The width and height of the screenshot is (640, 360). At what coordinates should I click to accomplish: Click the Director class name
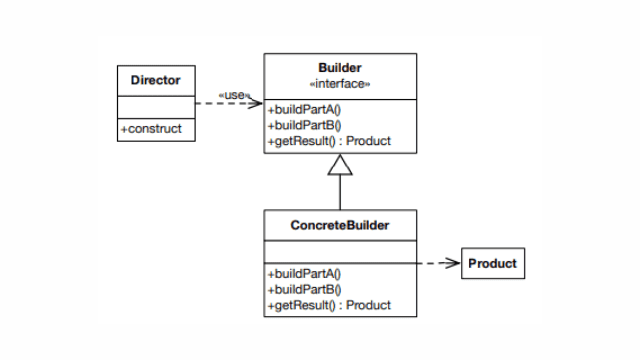pos(155,80)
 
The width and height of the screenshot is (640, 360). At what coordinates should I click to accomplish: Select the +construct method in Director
pos(151,129)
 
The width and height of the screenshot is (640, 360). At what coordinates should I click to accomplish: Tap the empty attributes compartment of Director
pos(156,107)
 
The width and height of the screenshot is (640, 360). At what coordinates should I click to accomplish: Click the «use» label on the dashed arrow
pos(234,95)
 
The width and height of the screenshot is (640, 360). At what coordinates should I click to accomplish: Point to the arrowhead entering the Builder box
pos(257,103)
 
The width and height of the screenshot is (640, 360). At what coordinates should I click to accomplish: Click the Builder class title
pos(340,68)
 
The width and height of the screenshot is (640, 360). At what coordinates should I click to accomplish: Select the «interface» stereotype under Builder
pos(340,84)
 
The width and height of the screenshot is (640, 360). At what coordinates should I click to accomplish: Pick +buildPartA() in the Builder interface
pos(304,110)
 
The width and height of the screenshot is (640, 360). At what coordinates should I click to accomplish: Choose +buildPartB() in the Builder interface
pos(304,125)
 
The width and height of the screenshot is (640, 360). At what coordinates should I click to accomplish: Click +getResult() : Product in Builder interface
pos(329,141)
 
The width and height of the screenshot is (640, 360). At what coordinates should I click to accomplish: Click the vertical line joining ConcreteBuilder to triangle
pos(340,193)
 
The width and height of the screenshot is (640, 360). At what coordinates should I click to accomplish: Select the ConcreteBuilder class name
pos(340,225)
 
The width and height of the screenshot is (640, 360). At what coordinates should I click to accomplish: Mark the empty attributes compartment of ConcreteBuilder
pos(340,252)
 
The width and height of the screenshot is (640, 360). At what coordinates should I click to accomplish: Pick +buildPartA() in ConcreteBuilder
pos(304,274)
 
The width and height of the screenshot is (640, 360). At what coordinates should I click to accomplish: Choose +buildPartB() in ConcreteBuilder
pos(304,290)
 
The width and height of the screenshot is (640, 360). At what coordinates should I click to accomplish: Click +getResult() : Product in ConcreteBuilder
pos(329,305)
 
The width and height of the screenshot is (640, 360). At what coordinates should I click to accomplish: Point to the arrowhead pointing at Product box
pos(454,263)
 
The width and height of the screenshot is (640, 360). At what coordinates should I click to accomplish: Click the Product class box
pos(493,263)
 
